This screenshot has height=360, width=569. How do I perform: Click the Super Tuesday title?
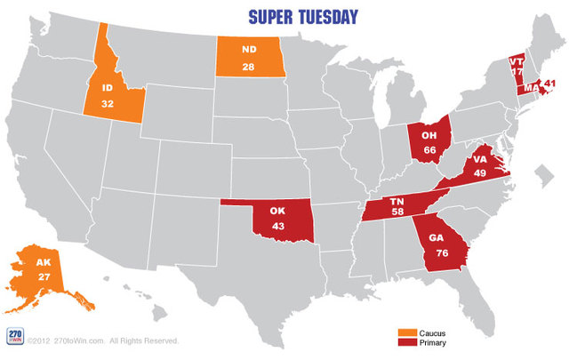[304, 16]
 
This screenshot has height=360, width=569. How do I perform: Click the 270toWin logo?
[14, 336]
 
